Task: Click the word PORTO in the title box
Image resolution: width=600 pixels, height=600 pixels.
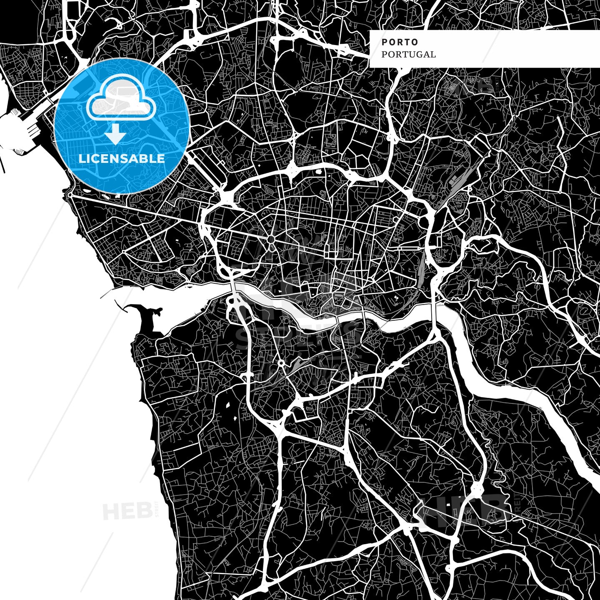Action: pos(400,42)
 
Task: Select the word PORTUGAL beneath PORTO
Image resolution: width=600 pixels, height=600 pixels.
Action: pos(408,55)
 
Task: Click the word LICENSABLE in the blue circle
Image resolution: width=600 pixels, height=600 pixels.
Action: pos(122,159)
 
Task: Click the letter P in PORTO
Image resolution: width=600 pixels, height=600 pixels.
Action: pos(384,42)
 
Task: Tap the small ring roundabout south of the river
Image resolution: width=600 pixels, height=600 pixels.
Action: pos(282,363)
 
